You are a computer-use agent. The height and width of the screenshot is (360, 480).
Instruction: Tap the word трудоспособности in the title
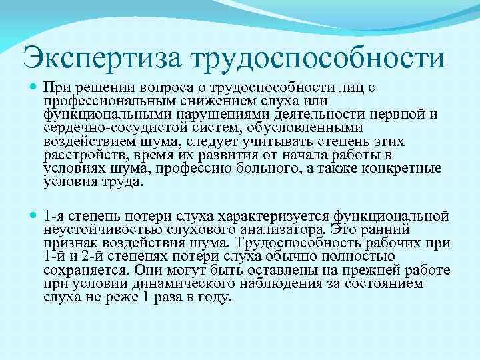click(x=319, y=58)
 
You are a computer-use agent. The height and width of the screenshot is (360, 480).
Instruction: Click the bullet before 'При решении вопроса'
click(x=33, y=87)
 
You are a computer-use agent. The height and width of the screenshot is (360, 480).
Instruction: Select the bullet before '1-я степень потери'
click(x=33, y=216)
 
